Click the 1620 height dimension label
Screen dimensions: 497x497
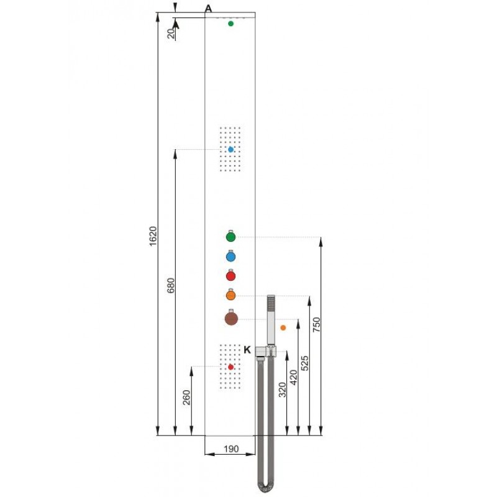point(153,236)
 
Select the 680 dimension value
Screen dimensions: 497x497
point(170,285)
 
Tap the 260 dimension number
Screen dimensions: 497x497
point(187,397)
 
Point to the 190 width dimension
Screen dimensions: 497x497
point(231,449)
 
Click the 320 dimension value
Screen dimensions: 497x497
point(282,390)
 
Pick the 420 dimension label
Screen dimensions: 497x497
point(293,377)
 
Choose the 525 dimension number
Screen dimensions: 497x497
point(304,363)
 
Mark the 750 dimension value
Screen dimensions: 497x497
point(316,324)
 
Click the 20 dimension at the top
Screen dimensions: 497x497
point(171,34)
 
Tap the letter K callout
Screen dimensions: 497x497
point(247,350)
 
